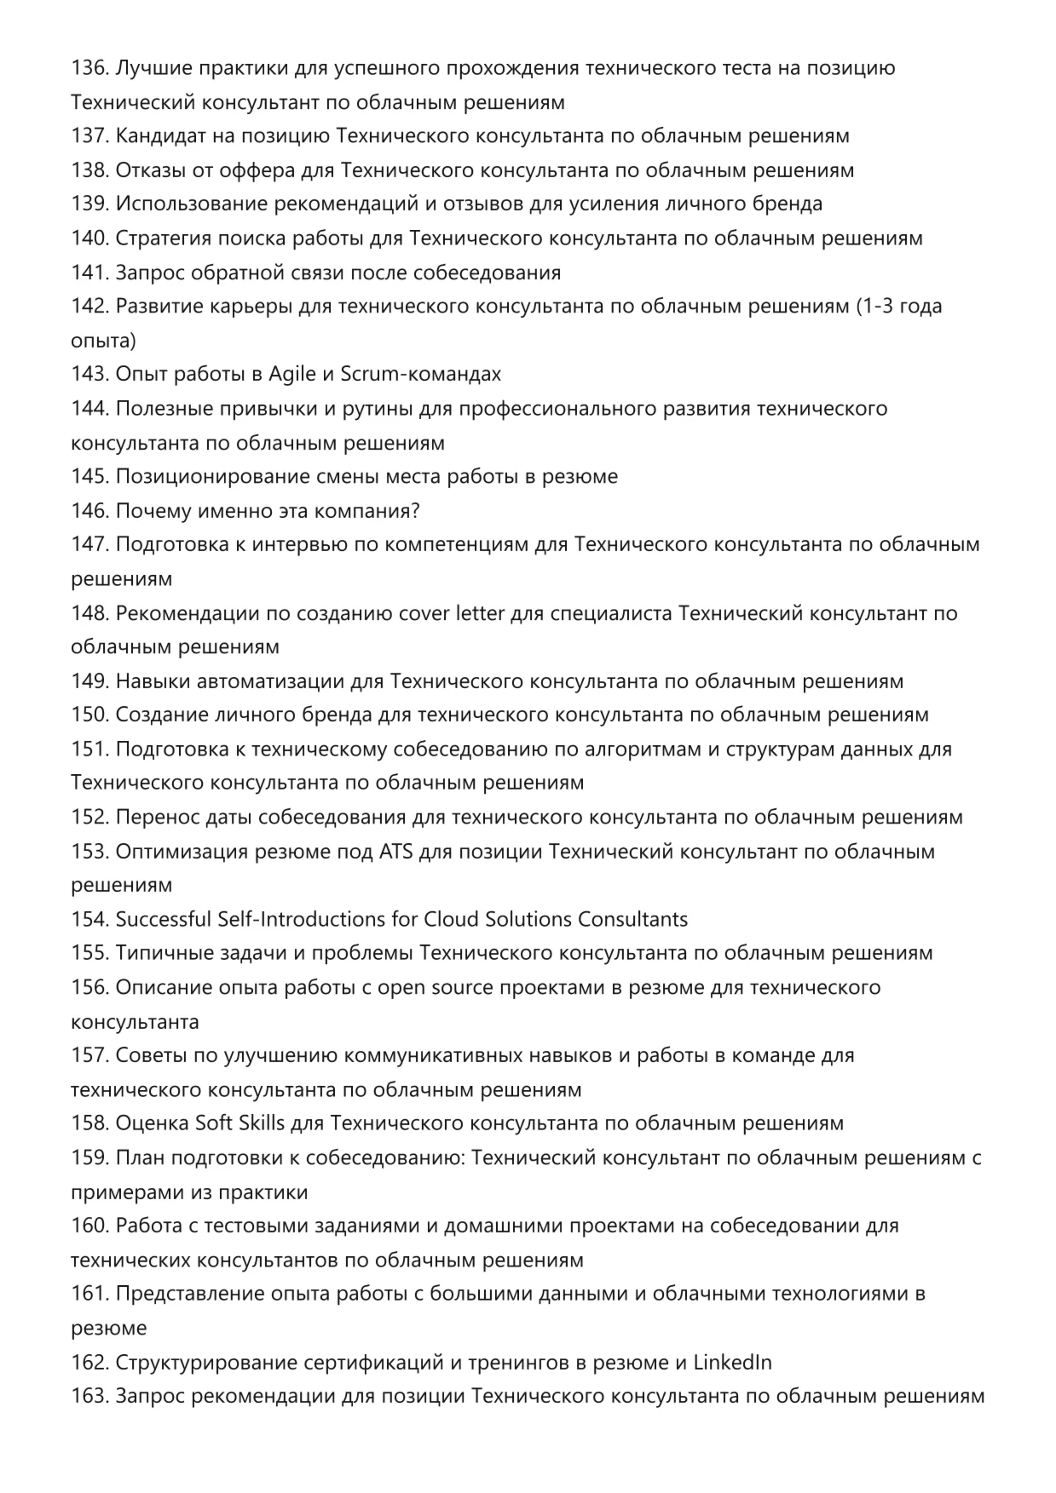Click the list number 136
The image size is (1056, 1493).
(x=89, y=68)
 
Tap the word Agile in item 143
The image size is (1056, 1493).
(x=291, y=375)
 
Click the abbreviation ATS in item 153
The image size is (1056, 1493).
(x=395, y=852)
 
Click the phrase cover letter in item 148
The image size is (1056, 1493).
(x=452, y=613)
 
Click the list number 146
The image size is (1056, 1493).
(x=89, y=511)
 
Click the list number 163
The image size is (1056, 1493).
(x=89, y=1397)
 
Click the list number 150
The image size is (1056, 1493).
(x=89, y=715)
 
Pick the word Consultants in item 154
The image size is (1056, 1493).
(x=632, y=920)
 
